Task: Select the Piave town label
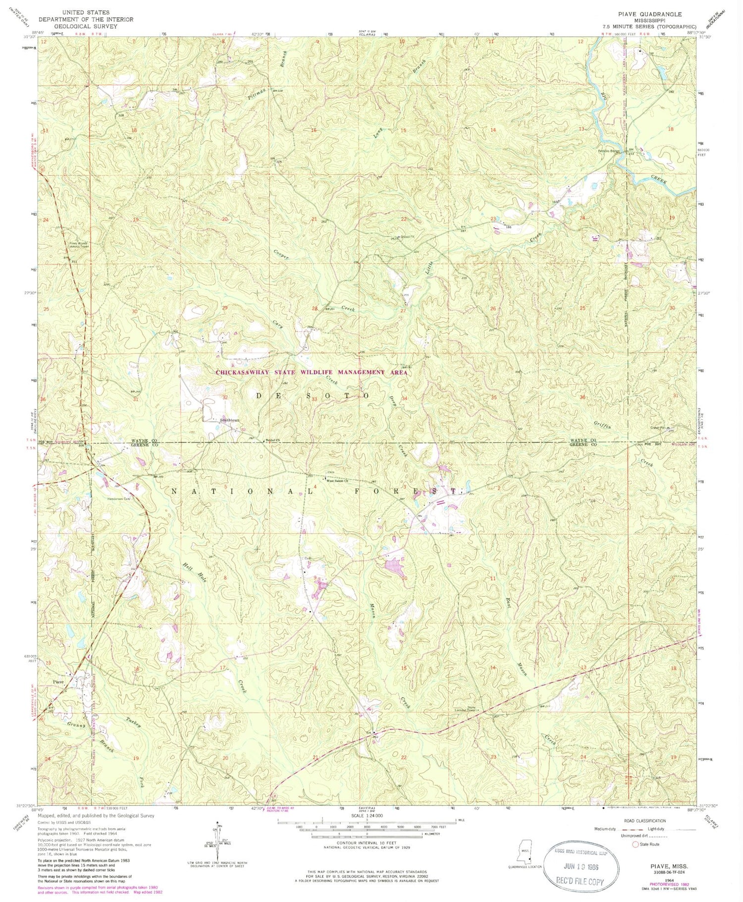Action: [58, 682]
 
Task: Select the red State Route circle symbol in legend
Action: [635, 844]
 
